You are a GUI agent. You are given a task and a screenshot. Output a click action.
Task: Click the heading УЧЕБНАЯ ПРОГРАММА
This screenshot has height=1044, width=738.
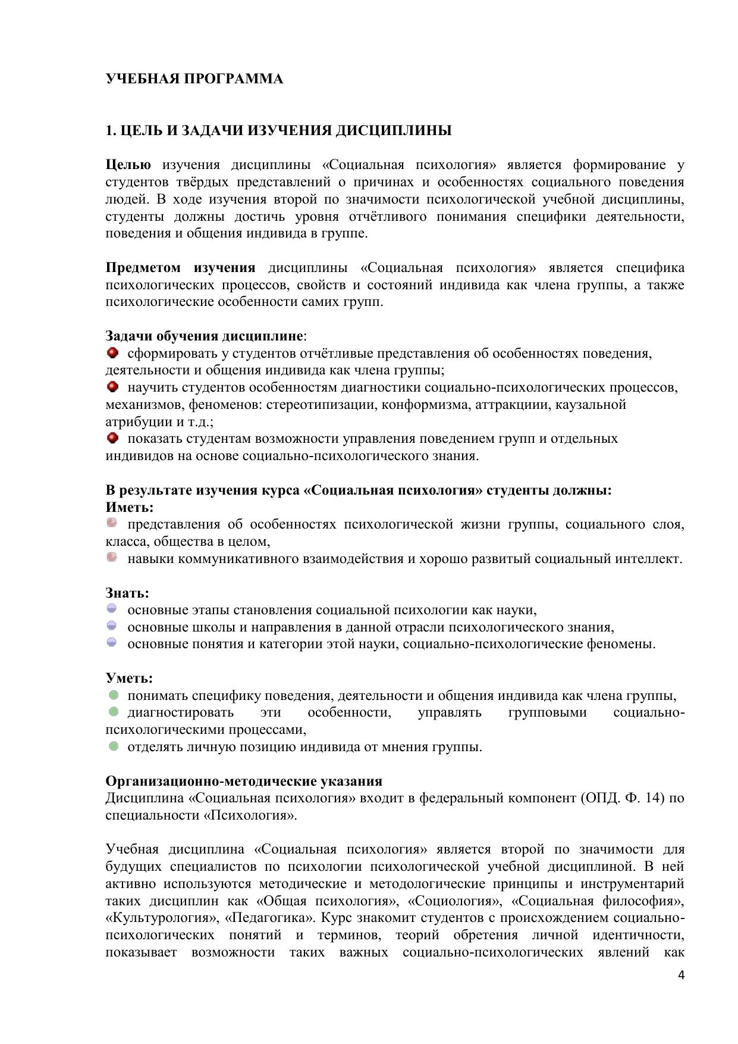pyautogui.click(x=194, y=79)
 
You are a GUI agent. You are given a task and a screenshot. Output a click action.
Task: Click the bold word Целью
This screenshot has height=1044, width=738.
pyautogui.click(x=128, y=165)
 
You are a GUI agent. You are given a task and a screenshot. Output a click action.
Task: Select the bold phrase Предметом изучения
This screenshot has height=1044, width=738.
pyautogui.click(x=180, y=268)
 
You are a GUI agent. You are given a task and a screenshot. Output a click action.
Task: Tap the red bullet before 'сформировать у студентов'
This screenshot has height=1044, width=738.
pyautogui.click(x=112, y=354)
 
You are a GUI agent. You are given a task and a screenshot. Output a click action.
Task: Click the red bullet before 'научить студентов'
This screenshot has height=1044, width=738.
pyautogui.click(x=112, y=387)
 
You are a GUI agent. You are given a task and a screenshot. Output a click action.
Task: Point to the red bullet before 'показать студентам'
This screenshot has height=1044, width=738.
pyautogui.click(x=112, y=439)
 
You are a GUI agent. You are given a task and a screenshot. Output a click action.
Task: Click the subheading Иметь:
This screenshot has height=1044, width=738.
pyautogui.click(x=130, y=508)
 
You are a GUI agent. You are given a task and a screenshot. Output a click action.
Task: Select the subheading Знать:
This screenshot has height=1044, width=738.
pyautogui.click(x=127, y=593)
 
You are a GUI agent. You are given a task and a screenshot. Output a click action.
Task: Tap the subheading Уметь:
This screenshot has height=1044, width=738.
pyautogui.click(x=129, y=679)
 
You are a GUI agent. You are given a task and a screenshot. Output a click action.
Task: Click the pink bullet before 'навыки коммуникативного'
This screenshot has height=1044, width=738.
pyautogui.click(x=112, y=558)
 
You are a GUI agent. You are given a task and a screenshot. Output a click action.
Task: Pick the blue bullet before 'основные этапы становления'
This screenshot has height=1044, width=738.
pyautogui.click(x=112, y=609)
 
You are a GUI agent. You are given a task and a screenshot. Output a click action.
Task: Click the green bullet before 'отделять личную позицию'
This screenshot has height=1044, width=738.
pyautogui.click(x=113, y=746)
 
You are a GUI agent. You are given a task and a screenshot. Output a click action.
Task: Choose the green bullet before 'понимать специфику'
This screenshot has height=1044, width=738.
pyautogui.click(x=113, y=695)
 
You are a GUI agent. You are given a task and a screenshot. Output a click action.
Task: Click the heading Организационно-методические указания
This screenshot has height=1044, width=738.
pyautogui.click(x=244, y=781)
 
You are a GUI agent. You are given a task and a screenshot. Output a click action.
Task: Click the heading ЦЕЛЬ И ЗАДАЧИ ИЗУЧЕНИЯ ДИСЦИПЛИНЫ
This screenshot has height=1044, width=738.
pyautogui.click(x=278, y=131)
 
